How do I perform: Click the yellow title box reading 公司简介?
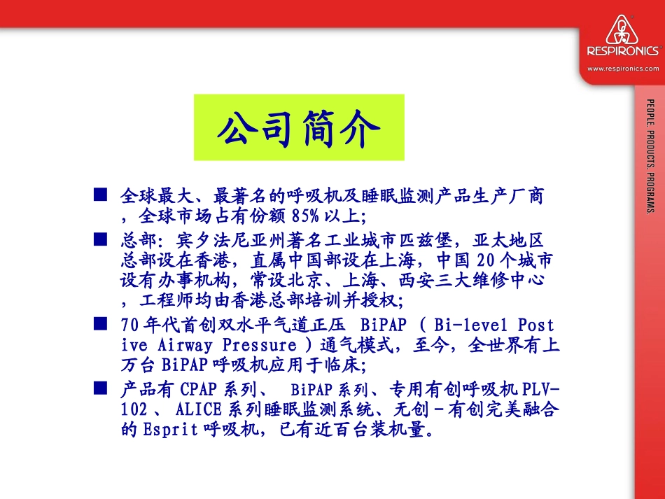click(299, 127)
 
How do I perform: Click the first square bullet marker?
click(100, 193)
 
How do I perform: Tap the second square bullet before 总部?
click(100, 240)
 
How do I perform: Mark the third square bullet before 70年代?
click(100, 323)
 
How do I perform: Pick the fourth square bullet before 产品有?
click(100, 386)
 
